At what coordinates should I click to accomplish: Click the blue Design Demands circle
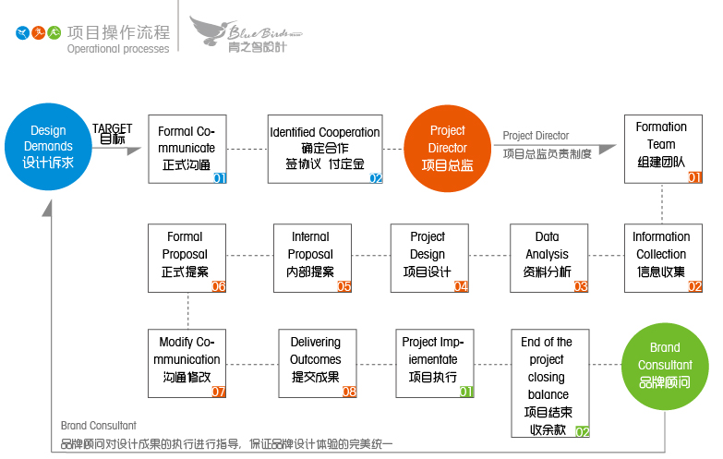click(48, 146)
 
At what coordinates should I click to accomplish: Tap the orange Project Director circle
click(447, 148)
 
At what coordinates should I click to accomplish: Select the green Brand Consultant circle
click(664, 366)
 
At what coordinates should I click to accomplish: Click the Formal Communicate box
click(187, 149)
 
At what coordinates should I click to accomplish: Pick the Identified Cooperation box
click(325, 149)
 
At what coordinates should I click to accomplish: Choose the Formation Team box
click(662, 149)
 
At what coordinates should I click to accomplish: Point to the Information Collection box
click(662, 257)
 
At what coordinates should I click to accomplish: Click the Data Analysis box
click(548, 257)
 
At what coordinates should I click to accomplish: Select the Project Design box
click(428, 257)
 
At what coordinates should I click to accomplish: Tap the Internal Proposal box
click(312, 257)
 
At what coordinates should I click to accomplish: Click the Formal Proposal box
click(187, 257)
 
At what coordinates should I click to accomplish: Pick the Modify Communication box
click(187, 363)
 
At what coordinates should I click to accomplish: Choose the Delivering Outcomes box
click(317, 363)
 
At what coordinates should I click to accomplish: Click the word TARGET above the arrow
click(112, 128)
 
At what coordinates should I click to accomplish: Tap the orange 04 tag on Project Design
click(461, 286)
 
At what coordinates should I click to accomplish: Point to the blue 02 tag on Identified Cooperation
click(376, 178)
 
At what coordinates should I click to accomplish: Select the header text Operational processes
click(117, 49)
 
